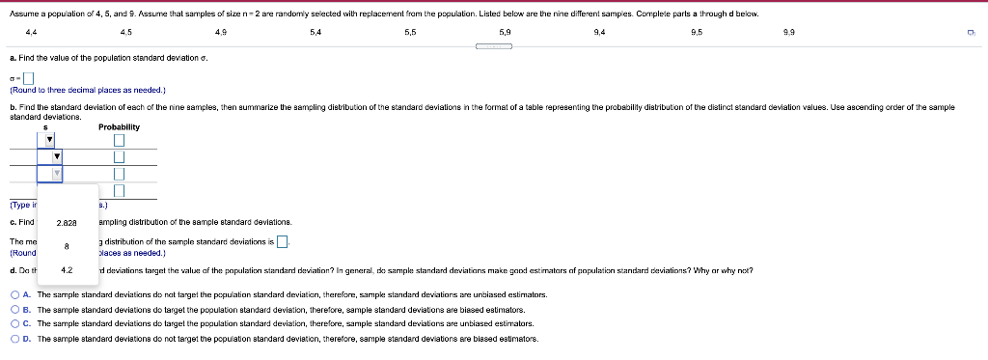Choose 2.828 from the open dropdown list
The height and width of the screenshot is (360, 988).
pos(66,222)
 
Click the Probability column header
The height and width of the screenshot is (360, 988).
pos(119,126)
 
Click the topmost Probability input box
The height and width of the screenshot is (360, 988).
pos(120,141)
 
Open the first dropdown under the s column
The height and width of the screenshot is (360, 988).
pos(50,141)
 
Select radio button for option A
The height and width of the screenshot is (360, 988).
pos(15,293)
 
